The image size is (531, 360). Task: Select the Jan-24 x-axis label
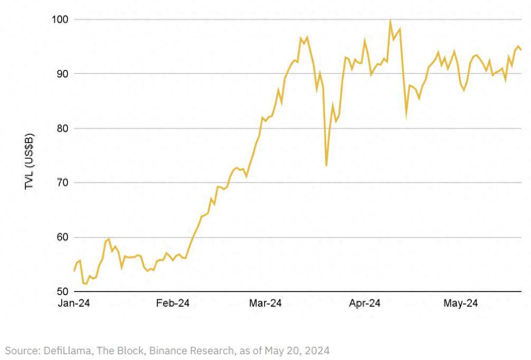pos(74,304)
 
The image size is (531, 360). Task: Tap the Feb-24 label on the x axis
pos(173,304)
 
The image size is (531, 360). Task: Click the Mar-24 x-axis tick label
pos(265,304)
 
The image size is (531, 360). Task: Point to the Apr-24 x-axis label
pos(365,304)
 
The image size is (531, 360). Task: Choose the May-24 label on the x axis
pos(460,304)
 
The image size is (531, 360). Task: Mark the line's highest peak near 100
pos(390,21)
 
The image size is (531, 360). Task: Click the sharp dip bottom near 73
pos(326,166)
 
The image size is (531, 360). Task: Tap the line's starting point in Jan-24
pos(74,271)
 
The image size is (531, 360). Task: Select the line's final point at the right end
pos(521,50)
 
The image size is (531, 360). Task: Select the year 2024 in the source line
pos(318,350)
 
